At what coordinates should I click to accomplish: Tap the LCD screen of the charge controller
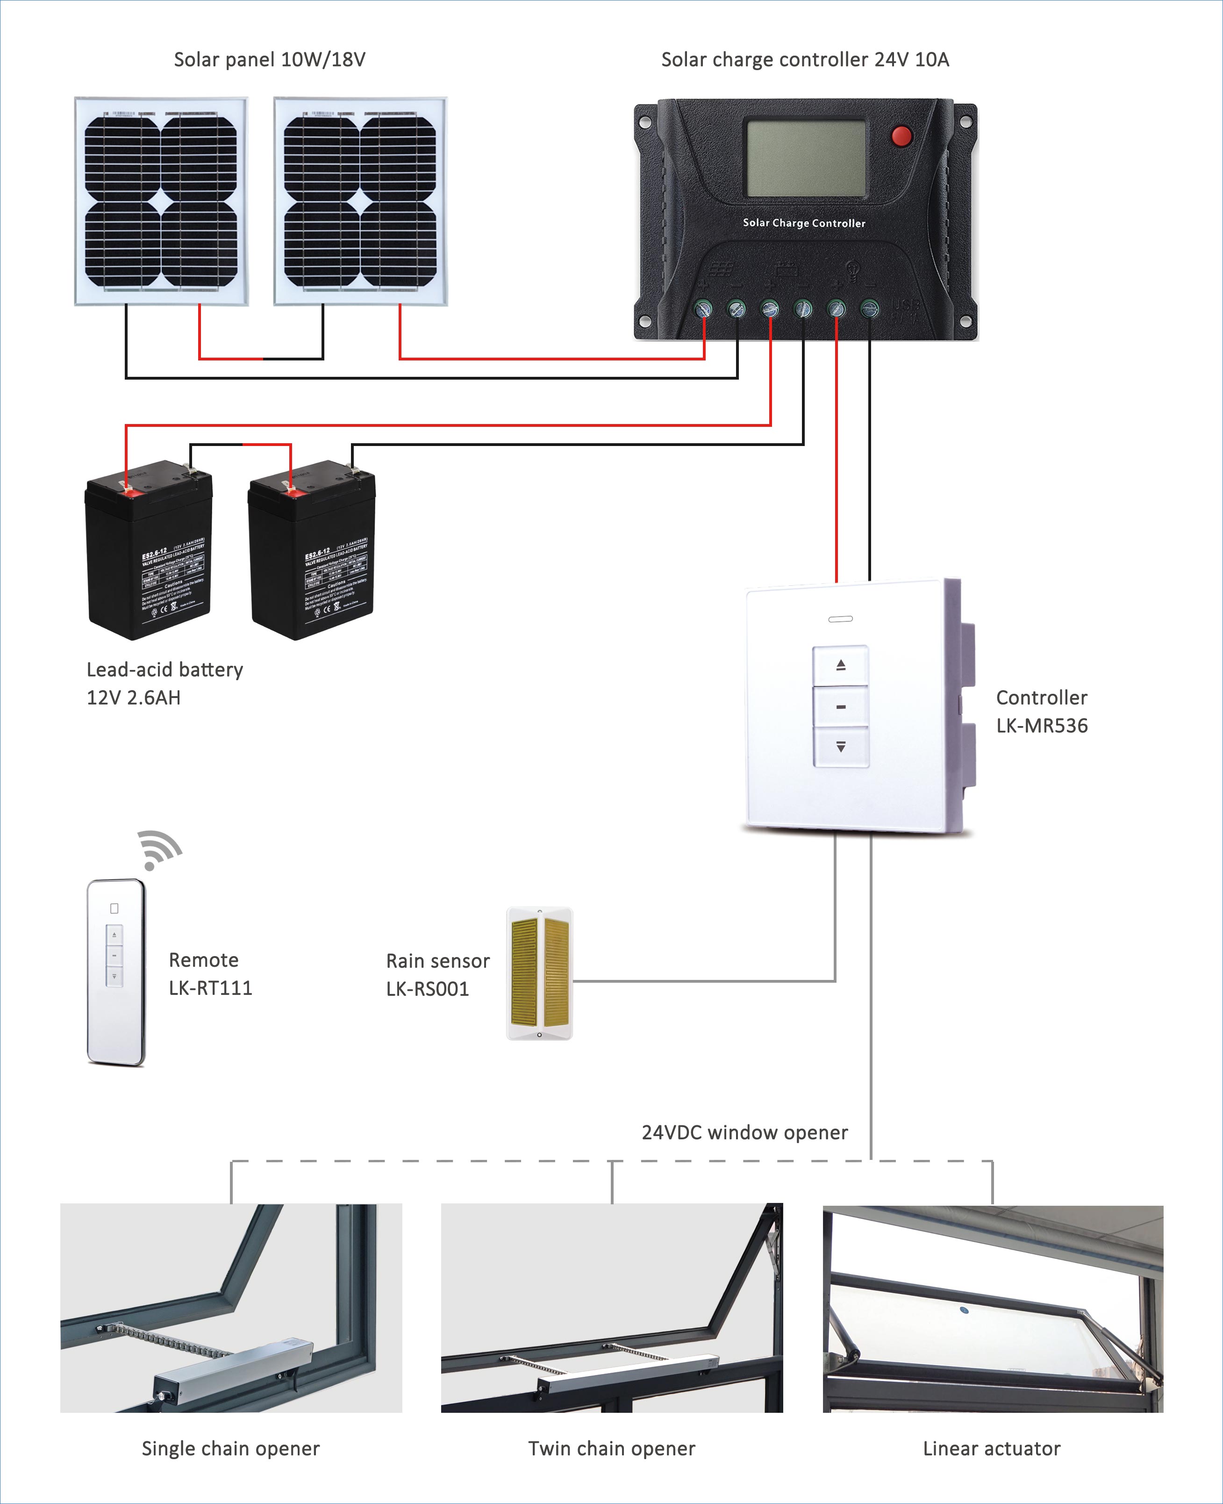point(806,158)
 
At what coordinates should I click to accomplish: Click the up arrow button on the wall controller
point(840,665)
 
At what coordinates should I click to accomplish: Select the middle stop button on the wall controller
point(840,706)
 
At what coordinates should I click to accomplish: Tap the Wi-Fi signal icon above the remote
point(158,850)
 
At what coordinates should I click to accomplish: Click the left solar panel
point(161,201)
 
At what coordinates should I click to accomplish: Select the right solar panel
point(360,201)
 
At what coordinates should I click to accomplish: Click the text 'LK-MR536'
point(1041,726)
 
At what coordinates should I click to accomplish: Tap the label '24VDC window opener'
point(744,1133)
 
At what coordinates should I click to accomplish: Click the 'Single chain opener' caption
point(230,1448)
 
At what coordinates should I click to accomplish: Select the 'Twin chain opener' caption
point(611,1448)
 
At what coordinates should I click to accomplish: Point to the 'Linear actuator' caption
point(991,1448)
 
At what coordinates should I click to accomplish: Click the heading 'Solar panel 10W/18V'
point(270,60)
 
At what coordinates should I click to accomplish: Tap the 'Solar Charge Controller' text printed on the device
point(804,223)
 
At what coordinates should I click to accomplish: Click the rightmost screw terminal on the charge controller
point(869,309)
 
